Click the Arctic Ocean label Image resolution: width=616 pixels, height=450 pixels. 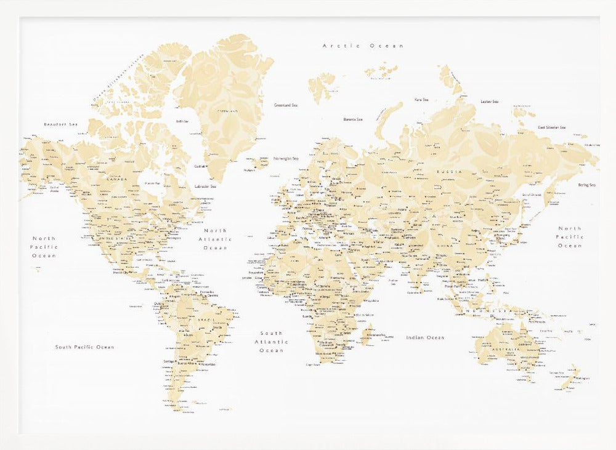coord(363,46)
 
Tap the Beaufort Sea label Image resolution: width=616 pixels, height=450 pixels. coord(61,125)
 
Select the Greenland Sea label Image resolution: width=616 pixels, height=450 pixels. coord(286,105)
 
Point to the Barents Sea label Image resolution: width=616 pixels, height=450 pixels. coord(353,119)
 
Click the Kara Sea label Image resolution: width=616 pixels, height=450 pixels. coord(421,99)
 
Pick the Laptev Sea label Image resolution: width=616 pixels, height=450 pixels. coord(490,102)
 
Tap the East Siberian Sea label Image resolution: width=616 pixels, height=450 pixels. coord(552,127)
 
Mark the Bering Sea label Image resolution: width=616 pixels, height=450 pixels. coord(586,185)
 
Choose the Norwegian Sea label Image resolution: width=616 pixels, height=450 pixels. coord(286,157)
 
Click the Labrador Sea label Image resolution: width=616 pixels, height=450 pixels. coord(205,187)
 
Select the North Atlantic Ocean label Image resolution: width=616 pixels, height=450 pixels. coord(215,239)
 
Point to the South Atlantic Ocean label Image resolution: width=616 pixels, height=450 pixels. coord(271,342)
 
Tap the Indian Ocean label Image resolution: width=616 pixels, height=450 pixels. coord(425,337)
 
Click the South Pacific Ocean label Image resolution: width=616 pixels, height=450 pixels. coord(84,347)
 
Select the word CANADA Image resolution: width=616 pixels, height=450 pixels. coord(116,179)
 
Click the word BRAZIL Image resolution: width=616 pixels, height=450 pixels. coord(198,320)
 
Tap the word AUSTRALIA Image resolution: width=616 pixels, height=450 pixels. coord(505,350)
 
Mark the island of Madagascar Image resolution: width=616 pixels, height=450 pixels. coord(368,335)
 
